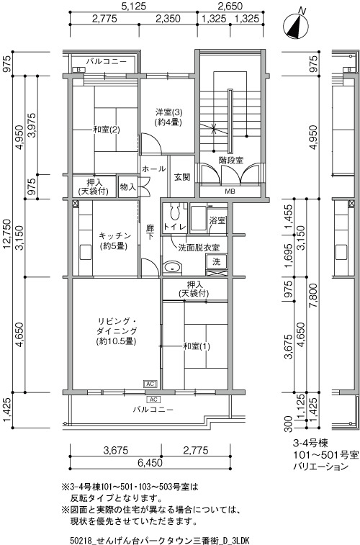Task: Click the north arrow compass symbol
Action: point(297,25)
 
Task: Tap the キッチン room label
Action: point(114,235)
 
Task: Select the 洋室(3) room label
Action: point(168,112)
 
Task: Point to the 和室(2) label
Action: point(107,130)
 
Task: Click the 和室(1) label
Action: point(197,346)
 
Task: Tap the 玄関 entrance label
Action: point(181,177)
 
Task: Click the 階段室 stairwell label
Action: point(230,161)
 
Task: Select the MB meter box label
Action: point(230,192)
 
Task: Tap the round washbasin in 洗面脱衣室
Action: point(172,267)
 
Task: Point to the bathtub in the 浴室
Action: point(199,218)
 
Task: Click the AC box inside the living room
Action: point(150,384)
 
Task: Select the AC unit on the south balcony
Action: point(153,400)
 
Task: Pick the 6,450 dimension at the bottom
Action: point(150,462)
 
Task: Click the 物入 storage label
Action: point(127,186)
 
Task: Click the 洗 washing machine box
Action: point(217,261)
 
